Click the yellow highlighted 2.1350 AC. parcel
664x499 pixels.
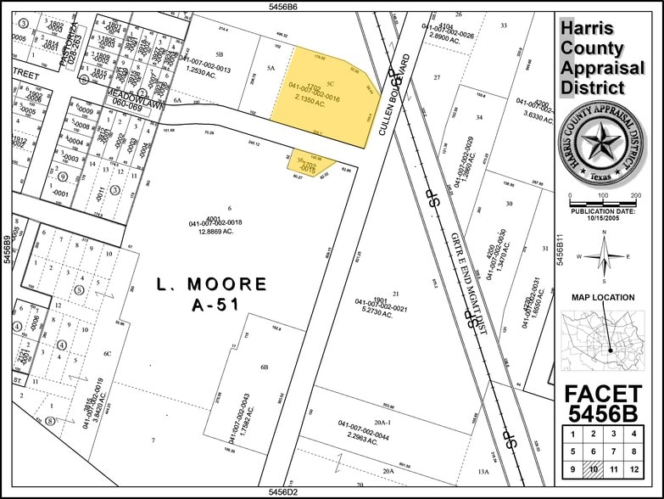click(325, 93)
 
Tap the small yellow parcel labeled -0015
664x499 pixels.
click(312, 165)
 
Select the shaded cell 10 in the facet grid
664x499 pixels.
click(594, 469)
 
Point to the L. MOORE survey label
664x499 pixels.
click(212, 283)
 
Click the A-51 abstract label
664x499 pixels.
click(212, 304)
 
